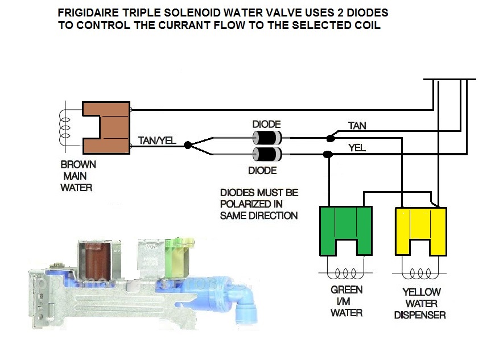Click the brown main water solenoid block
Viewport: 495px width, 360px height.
(x=106, y=127)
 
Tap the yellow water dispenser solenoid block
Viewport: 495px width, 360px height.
(x=421, y=230)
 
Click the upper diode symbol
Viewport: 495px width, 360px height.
(x=267, y=137)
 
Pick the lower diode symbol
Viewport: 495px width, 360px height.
(x=267, y=154)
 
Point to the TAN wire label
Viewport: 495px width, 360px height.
(x=357, y=125)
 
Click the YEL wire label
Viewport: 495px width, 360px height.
(x=356, y=148)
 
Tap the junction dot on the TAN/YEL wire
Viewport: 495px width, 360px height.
(x=188, y=146)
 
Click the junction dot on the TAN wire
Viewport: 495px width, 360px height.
(x=329, y=138)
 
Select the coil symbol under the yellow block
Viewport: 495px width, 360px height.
(x=420, y=272)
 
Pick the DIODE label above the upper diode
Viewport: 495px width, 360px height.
(x=267, y=124)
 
